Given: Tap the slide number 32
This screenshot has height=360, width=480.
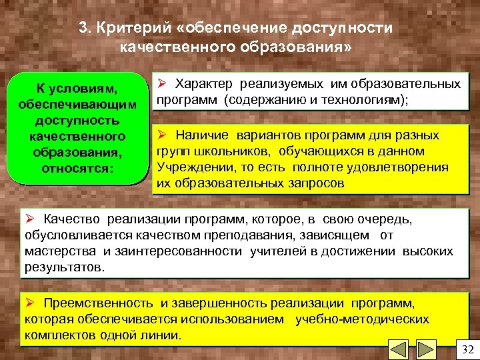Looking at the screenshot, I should click(466, 351).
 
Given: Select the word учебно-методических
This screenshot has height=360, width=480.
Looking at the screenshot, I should click(363, 319).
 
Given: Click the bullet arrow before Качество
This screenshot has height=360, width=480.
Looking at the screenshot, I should click(29, 219).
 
